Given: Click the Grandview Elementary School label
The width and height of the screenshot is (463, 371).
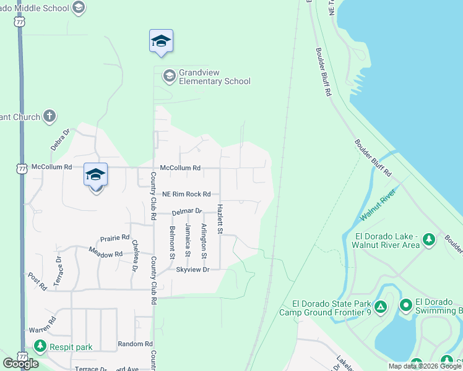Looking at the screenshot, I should (214, 77).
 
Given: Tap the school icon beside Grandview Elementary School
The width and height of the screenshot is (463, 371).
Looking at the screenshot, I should (168, 77).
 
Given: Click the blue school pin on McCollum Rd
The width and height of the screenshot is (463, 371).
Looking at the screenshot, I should (95, 175).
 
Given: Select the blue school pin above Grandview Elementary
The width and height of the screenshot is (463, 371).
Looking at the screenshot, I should (161, 41).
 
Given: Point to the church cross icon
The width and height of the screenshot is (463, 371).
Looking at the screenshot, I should (50, 116).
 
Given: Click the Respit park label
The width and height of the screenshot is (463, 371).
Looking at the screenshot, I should (72, 347).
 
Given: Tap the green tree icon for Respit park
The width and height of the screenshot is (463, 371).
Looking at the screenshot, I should (40, 346).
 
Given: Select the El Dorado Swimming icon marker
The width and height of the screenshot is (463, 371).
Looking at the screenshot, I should (405, 305).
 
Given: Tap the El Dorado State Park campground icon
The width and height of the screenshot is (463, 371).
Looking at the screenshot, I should (381, 306).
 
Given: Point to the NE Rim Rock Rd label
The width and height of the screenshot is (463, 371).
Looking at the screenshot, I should (187, 194).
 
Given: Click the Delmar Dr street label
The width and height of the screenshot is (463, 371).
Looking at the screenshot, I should (187, 211).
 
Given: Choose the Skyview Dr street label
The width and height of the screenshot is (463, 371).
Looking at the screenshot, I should (193, 270).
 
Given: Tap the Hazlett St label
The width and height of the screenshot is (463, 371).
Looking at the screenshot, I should (219, 219).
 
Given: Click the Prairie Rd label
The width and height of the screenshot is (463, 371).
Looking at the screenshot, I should (115, 237).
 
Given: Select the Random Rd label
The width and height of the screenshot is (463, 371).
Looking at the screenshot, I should (135, 344).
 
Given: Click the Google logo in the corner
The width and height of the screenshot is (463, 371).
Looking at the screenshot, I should (20, 364).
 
